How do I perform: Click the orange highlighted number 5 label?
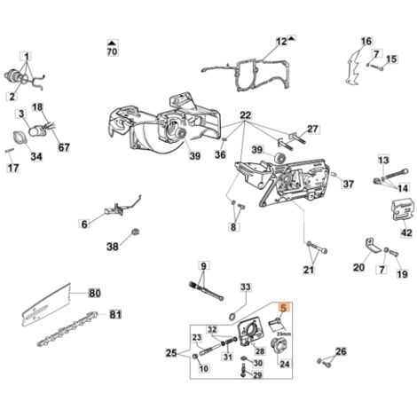tap(283, 308)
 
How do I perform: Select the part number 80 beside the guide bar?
tap(95, 294)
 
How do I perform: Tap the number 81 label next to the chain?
tap(115, 314)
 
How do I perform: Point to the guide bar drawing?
tap(47, 304)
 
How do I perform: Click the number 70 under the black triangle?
tap(112, 51)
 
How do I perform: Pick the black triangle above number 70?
tap(112, 43)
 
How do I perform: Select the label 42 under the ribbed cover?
tap(406, 232)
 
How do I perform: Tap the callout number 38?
tap(113, 247)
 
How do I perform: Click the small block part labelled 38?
tap(136, 232)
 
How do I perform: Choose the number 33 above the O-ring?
tap(246, 287)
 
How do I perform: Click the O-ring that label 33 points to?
tap(233, 316)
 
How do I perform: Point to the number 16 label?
tap(366, 41)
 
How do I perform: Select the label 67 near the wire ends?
tap(64, 147)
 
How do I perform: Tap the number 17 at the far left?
tap(12, 168)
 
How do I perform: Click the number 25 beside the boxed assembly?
tap(171, 353)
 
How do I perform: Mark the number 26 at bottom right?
tap(341, 351)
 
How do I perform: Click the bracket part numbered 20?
tap(372, 246)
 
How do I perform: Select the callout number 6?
tap(84, 224)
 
